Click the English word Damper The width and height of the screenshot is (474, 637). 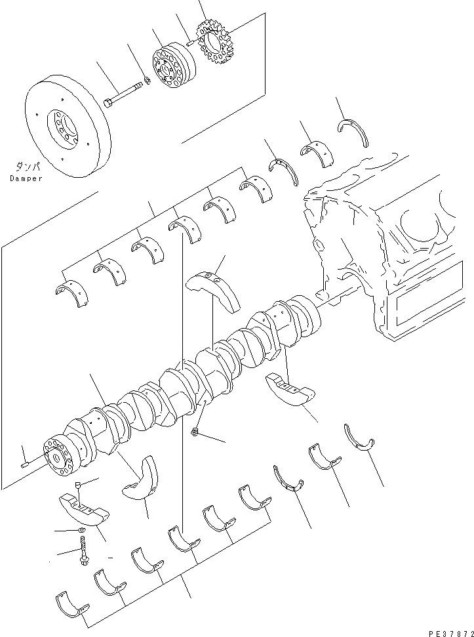coord(26,178)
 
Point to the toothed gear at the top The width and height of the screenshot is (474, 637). coord(214,44)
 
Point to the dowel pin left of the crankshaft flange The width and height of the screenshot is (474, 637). coord(26,465)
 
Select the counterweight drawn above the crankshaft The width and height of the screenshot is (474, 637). coord(214,289)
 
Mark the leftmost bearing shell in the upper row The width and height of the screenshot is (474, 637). coord(70,293)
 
